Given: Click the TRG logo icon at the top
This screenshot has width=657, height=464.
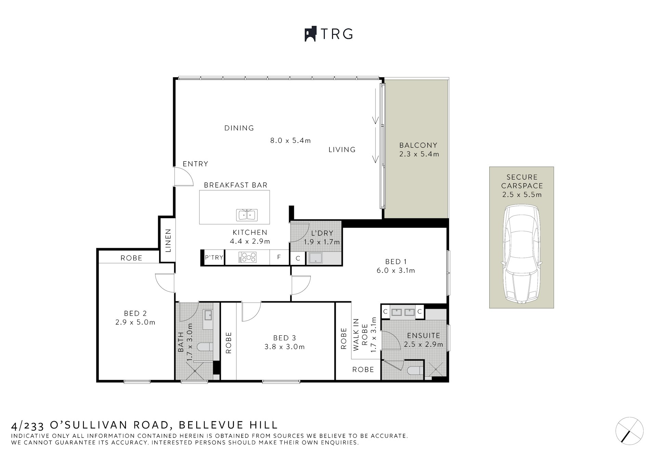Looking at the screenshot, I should [x=310, y=34].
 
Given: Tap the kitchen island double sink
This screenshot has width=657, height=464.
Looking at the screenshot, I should [x=247, y=215].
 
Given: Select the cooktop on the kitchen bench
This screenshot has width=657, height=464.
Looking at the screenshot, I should [x=247, y=257].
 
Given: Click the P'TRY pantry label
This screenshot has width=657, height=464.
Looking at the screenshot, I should [x=214, y=257].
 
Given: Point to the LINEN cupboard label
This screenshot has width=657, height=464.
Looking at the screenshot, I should [x=168, y=241].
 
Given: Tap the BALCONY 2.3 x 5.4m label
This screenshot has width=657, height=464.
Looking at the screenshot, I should [x=418, y=150].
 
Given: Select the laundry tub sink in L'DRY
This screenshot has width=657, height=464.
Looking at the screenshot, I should [x=314, y=258].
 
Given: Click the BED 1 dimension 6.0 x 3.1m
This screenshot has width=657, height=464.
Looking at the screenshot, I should [x=396, y=270].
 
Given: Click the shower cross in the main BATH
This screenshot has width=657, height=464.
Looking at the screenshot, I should [x=195, y=370].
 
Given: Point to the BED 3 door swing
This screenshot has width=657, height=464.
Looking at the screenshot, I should [x=251, y=311].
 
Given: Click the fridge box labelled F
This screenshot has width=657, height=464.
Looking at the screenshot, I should [x=279, y=257].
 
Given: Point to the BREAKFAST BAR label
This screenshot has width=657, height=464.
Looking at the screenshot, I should [x=235, y=185].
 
